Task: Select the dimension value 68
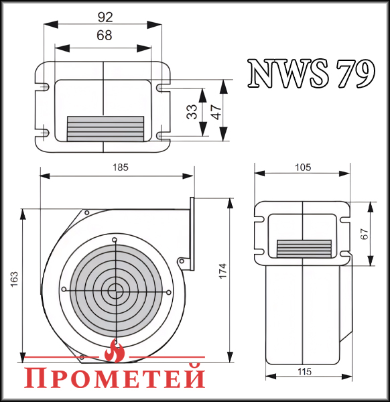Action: pyautogui.click(x=103, y=37)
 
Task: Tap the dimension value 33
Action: pyautogui.click(x=192, y=113)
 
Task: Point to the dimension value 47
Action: pyautogui.click(x=215, y=111)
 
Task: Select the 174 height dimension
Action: pyautogui.click(x=223, y=270)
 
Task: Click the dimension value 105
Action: pyautogui.click(x=302, y=167)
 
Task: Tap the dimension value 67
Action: pyautogui.click(x=365, y=234)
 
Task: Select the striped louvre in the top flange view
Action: pyautogui.click(x=105, y=128)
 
